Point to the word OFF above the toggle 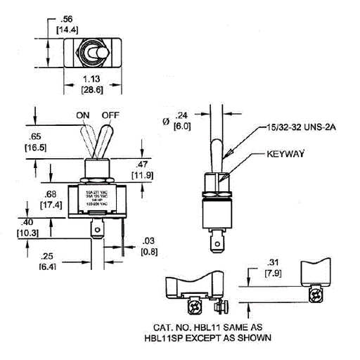[110, 115]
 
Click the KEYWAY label [285, 152]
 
